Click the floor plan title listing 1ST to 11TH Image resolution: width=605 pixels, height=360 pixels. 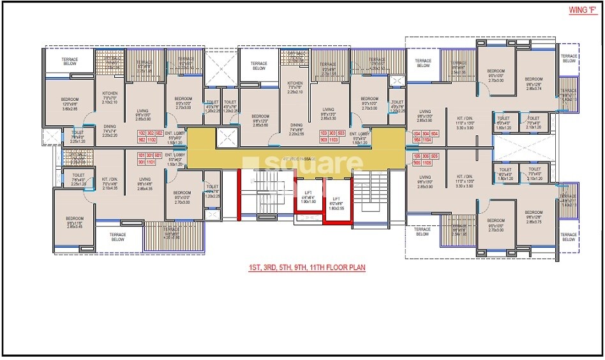pyautogui.click(x=307, y=268)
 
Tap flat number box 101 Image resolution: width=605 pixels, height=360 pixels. pyautogui.click(x=142, y=155)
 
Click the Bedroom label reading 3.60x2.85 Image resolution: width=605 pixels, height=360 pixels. pyautogui.click(x=70, y=105)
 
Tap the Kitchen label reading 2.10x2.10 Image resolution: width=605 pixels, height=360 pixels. pyautogui.click(x=110, y=98)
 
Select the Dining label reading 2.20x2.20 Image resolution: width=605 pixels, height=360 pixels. pyautogui.click(x=110, y=130)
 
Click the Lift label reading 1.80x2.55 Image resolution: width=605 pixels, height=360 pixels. pyautogui.click(x=336, y=204)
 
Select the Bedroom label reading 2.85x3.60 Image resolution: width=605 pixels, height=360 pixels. pyautogui.click(x=260, y=120)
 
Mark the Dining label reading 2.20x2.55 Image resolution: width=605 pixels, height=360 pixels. pyautogui.click(x=296, y=130)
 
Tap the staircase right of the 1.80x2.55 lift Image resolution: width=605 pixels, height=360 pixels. pyautogui.click(x=370, y=191)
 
